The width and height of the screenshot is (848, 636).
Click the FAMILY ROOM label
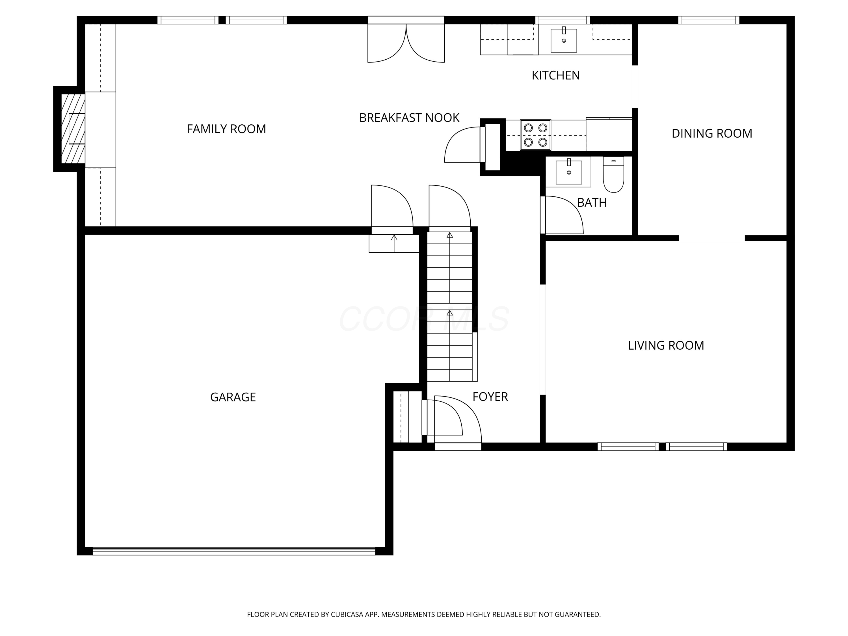226,129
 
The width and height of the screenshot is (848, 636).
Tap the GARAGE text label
233,397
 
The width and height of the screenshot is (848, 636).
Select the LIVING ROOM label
666,345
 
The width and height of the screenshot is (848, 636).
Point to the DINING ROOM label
712,133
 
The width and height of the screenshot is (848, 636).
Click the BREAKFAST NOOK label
409,118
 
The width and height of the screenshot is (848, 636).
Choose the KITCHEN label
555,75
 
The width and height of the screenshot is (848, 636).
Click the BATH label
592,202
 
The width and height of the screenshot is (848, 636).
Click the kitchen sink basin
564,40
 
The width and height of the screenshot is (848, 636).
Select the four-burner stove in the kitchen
536,135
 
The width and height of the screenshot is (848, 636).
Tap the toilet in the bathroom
613,174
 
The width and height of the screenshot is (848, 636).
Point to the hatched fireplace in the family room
73,129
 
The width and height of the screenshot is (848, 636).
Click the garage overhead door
234,551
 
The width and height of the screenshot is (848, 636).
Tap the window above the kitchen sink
563,20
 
